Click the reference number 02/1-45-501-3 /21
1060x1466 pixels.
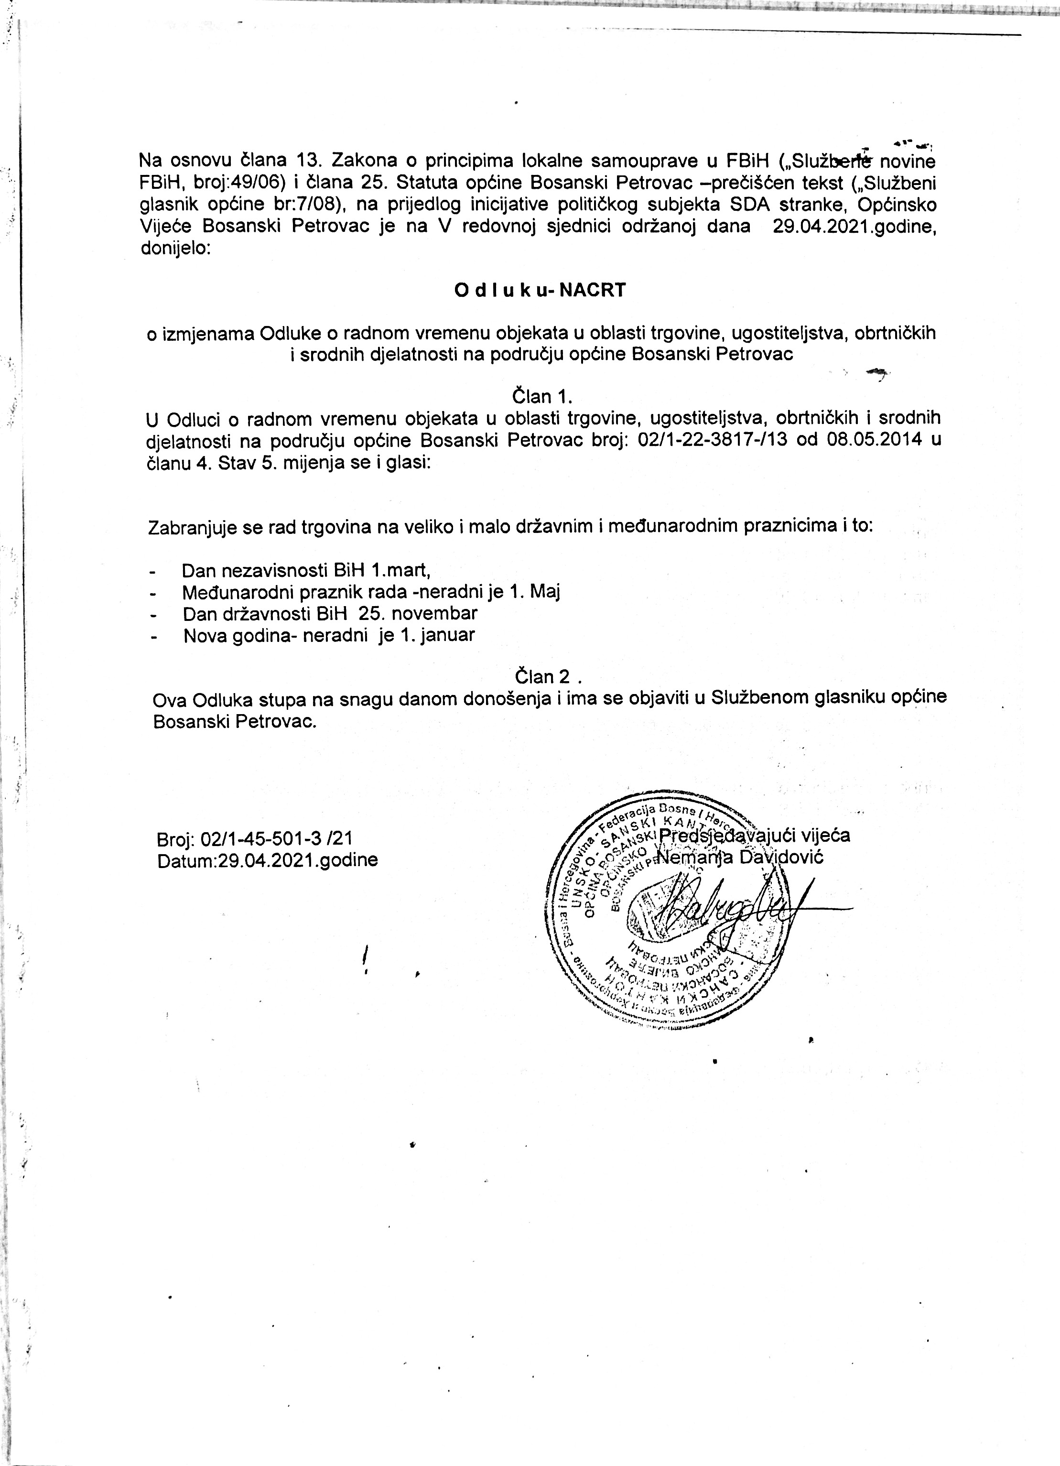[x=277, y=839]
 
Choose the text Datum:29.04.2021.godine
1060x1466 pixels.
[x=268, y=860]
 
